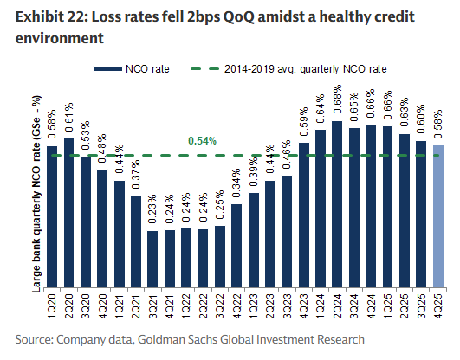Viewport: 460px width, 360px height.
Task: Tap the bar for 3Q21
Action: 152,259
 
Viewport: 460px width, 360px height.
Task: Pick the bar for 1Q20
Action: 51,216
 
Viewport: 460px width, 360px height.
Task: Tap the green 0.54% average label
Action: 203,140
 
